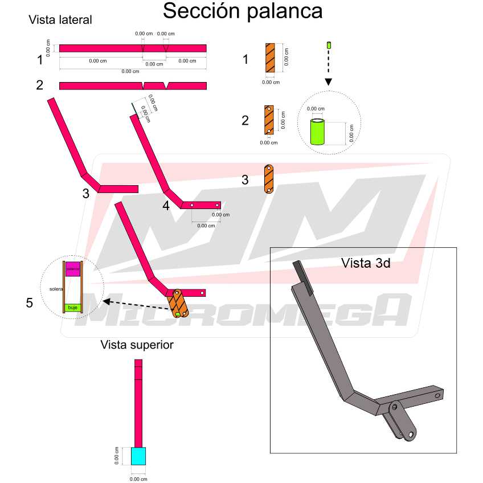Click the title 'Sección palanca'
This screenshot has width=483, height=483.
(243, 11)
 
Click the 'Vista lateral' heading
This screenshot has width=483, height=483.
(60, 20)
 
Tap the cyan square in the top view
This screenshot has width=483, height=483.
(138, 456)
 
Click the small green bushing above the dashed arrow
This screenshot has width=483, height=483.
(329, 44)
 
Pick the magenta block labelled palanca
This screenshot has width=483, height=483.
(72, 269)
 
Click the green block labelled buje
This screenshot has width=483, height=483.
(72, 308)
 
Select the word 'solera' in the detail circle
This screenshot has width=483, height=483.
(56, 289)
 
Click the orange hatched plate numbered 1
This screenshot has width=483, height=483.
(270, 58)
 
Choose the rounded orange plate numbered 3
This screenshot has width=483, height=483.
(269, 179)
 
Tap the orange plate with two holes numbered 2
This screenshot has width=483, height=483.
(269, 120)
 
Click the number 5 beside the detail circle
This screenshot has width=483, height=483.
(29, 303)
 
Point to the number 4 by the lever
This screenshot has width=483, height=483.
(166, 206)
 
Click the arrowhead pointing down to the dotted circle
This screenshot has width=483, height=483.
(329, 82)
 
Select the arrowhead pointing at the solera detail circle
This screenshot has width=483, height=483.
(107, 302)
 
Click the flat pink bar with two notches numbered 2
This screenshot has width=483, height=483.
(133, 85)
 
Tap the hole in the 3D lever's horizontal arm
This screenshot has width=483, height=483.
(437, 395)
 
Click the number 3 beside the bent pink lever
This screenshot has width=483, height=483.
(85, 194)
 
